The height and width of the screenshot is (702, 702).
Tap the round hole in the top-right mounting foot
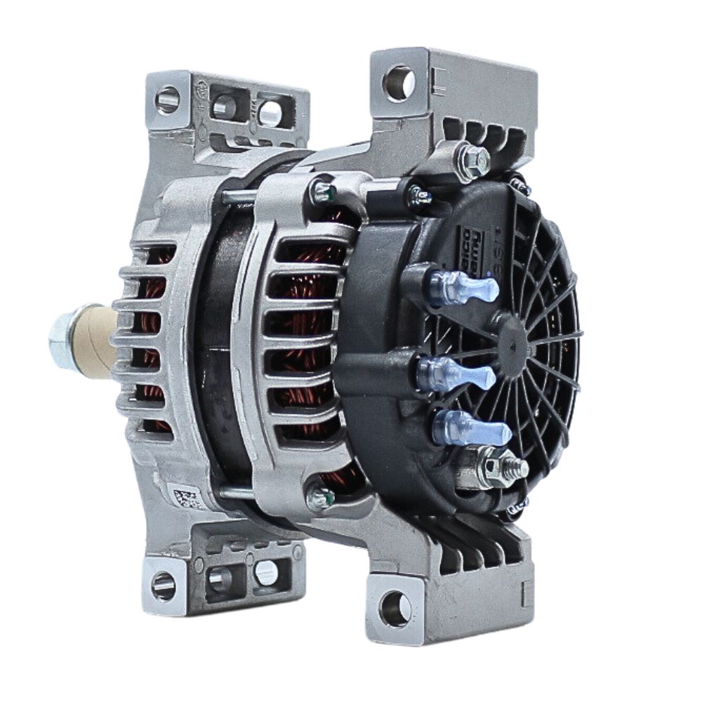point(399,83)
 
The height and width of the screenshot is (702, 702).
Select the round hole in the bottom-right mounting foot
point(395,607)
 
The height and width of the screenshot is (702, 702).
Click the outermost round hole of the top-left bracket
point(167,100)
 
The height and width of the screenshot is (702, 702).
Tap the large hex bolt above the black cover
point(473,161)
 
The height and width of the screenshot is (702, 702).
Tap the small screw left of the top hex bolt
point(421,196)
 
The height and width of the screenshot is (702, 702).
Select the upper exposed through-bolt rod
point(239,198)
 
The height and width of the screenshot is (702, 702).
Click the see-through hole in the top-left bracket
point(270,112)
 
